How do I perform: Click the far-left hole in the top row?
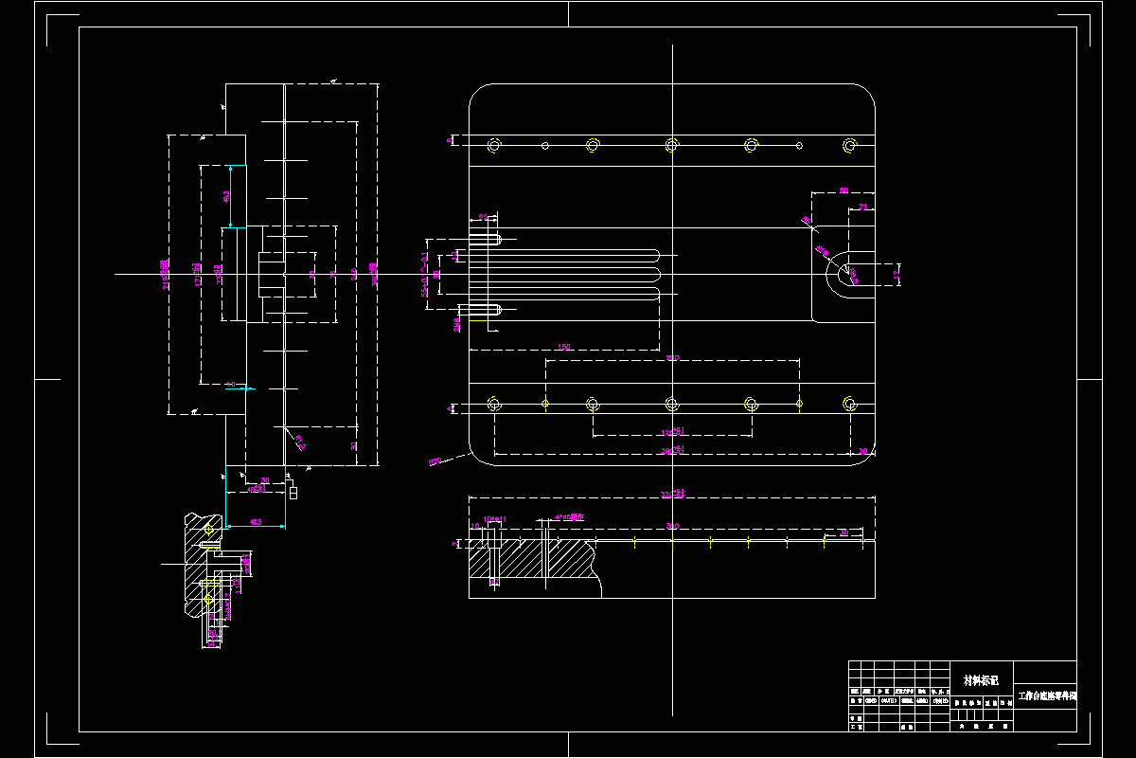[x=493, y=145]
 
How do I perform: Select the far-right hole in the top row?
[x=849, y=145]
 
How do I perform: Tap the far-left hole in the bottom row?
[x=493, y=405]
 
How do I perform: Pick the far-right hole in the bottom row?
[x=849, y=405]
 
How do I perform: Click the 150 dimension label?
[x=564, y=348]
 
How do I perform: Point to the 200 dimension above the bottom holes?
[x=673, y=358]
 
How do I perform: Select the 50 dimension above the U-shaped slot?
[x=843, y=190]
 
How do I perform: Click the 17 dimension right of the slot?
[x=896, y=275]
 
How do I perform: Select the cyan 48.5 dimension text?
[x=256, y=522]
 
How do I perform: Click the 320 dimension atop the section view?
[x=672, y=494]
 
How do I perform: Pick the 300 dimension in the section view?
[x=672, y=526]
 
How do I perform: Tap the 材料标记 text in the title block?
[x=981, y=680]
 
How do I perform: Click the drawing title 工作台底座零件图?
[x=1046, y=695]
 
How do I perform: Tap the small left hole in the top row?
[x=545, y=145]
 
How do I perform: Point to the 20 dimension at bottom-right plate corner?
[x=861, y=451]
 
